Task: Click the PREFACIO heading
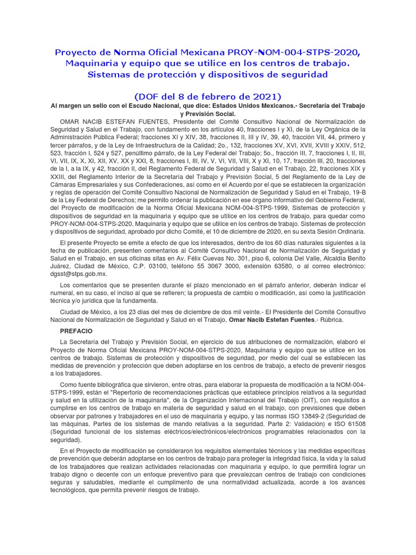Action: tap(76, 331)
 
